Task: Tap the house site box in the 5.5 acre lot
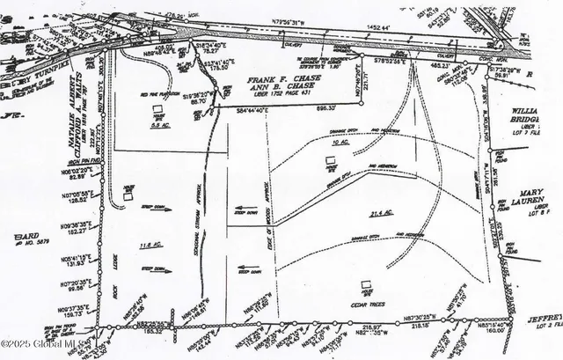point(159,114)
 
